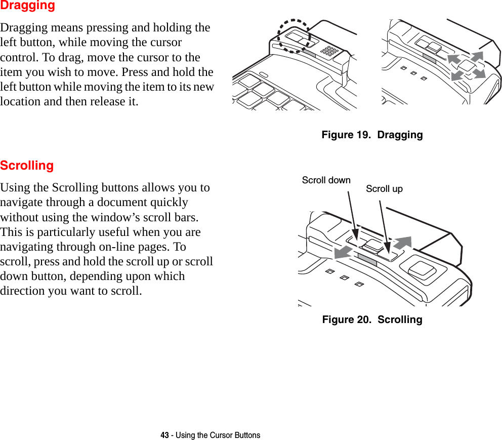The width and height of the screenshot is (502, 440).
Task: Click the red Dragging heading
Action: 27,6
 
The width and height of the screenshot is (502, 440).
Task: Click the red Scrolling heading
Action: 27,166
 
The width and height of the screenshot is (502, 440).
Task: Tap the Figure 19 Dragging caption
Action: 372,135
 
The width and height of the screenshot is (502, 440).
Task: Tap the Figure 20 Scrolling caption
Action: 372,319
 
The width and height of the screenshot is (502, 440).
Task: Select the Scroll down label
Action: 326,180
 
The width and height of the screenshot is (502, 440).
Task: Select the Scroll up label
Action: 384,189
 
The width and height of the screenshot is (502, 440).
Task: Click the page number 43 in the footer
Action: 165,435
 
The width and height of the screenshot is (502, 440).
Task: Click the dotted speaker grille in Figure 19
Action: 330,51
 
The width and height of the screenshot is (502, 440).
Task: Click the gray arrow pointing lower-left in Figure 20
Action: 344,252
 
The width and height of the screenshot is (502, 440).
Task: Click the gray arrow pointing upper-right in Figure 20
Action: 403,242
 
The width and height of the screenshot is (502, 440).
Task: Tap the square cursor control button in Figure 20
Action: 422,270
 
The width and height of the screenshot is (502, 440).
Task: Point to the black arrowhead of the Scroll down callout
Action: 356,236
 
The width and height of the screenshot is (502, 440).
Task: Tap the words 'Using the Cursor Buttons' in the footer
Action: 218,435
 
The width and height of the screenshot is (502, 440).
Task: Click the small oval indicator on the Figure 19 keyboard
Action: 264,75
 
